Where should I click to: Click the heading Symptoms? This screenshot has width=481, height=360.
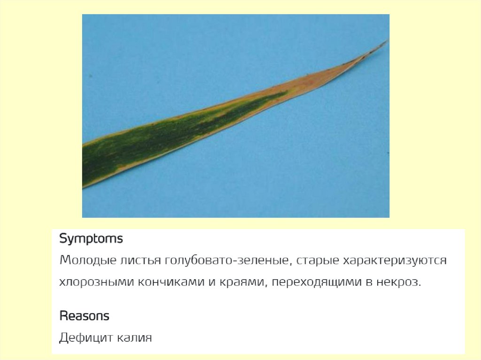[x=91, y=239]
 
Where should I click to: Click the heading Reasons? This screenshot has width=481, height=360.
[x=84, y=316]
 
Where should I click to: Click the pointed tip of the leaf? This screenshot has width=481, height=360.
[x=386, y=42]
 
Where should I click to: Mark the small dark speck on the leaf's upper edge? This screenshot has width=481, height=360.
[x=306, y=75]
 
